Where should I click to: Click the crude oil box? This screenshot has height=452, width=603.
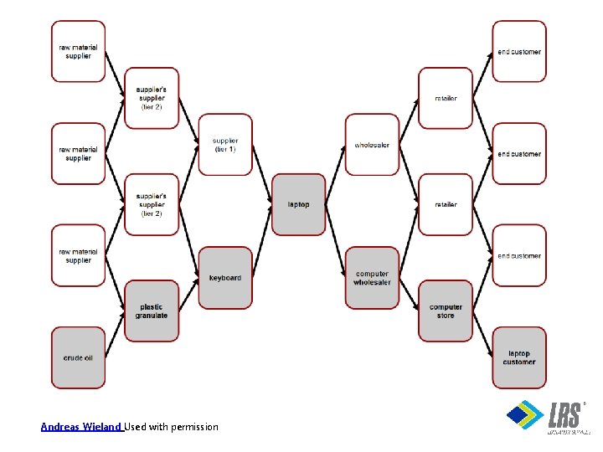[x=78, y=357]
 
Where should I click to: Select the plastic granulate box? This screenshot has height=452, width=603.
[x=152, y=311]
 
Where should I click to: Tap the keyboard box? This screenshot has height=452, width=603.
[x=225, y=277]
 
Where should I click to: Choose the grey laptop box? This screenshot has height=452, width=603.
[x=298, y=204]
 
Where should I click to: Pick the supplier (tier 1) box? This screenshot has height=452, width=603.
[x=225, y=145]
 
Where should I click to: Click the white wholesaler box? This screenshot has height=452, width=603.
[x=372, y=145]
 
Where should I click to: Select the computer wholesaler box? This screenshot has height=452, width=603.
[x=372, y=277]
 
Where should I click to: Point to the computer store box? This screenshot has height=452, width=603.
[x=446, y=311]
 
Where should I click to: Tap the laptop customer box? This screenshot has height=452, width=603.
[x=519, y=357]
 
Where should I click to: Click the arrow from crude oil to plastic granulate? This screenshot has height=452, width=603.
[x=115, y=334]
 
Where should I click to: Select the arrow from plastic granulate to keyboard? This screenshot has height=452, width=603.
[x=188, y=294]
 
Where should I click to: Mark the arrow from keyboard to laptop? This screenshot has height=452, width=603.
[x=262, y=241]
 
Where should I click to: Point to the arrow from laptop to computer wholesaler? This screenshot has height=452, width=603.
[x=335, y=241]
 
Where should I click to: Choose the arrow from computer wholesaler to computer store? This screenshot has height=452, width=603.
[x=409, y=294]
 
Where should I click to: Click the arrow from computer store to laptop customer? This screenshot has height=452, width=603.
[x=482, y=334]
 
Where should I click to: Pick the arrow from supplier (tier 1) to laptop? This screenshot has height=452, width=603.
[x=262, y=175]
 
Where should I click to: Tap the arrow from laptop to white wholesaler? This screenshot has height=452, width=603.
[x=335, y=175]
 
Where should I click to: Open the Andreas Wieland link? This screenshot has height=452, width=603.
[x=82, y=427]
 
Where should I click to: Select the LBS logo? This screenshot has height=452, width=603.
[x=549, y=417]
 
